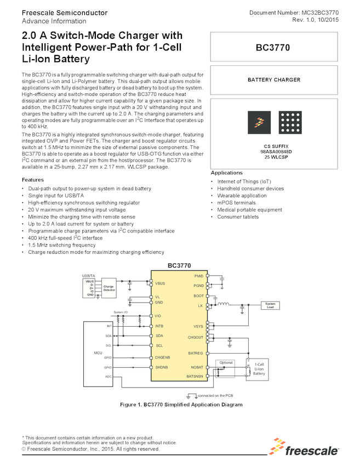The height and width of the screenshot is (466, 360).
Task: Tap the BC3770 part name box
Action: click(273, 48)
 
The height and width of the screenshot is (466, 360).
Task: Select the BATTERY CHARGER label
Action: click(273, 79)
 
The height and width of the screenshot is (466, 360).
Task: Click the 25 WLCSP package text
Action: click(272, 157)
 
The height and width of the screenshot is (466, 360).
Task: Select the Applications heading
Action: click(227, 173)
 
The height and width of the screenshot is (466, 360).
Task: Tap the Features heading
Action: click(33, 180)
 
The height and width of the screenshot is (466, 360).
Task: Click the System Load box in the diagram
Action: click(270, 305)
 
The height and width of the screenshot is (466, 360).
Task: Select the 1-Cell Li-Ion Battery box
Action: click(259, 369)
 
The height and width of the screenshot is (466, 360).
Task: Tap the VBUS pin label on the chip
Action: click(161, 283)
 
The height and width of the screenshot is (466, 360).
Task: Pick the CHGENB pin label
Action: click(163, 357)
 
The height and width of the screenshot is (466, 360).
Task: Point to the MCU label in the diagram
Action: click(98, 353)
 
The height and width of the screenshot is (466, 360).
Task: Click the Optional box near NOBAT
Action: click(226, 362)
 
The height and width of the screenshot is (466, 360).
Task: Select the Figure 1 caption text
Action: click(181, 405)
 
